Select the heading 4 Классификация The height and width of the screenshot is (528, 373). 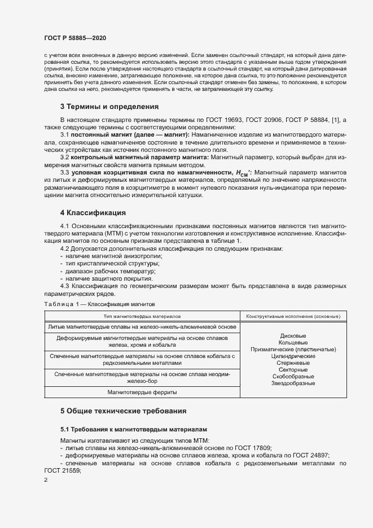(x=93, y=212)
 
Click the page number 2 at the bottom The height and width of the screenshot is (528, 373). (x=46, y=480)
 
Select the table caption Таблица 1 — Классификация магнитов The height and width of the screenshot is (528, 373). (x=94, y=304)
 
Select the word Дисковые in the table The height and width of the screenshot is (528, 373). (x=293, y=336)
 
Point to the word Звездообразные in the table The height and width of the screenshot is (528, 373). (x=293, y=383)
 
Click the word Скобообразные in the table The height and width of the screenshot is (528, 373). (x=293, y=377)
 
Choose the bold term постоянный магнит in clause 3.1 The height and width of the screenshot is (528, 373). (x=98, y=136)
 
